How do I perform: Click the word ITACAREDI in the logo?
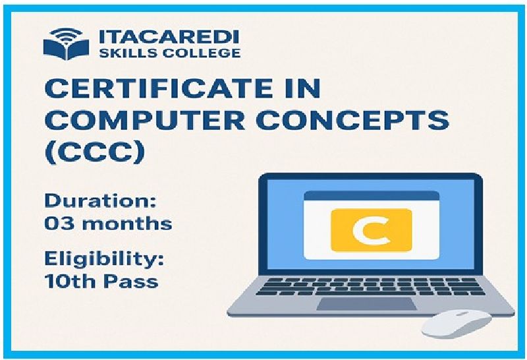tap(169, 37)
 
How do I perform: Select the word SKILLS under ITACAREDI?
tap(128, 53)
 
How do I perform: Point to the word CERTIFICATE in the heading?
tap(160, 88)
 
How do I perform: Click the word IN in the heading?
tap(303, 88)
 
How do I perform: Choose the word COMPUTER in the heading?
tap(145, 120)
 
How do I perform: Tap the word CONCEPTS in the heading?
tap(354, 120)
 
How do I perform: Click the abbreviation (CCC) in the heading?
tap(95, 152)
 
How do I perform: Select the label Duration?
tap(101, 201)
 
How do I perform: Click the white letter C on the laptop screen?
tap(371, 231)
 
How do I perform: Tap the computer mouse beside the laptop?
tap(457, 324)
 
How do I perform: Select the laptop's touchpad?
tap(367, 304)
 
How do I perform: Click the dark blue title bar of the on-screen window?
tap(372, 196)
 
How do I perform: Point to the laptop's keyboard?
tap(370, 286)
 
